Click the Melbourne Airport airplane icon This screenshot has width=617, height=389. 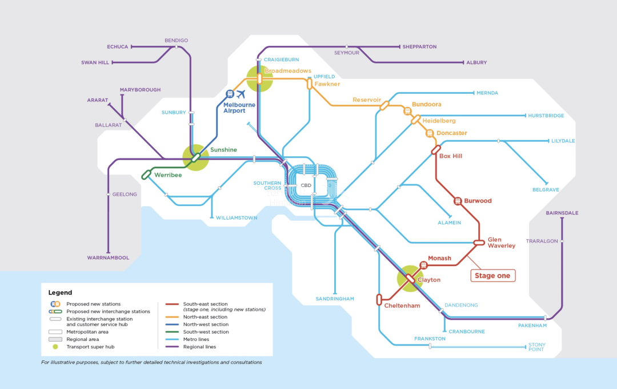pyautogui.click(x=241, y=94)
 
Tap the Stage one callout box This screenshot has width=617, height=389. pyautogui.click(x=492, y=276)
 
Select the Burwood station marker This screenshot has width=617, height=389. pyautogui.click(x=458, y=201)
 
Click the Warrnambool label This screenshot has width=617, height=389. pyautogui.click(x=108, y=258)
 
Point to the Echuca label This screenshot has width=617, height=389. pyautogui.click(x=118, y=47)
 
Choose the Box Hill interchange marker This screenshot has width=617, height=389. pyautogui.click(x=436, y=150)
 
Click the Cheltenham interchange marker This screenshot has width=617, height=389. pyautogui.click(x=379, y=299)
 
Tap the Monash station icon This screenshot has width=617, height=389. pyautogui.click(x=423, y=265)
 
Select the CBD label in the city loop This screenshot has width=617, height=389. pyautogui.click(x=306, y=185)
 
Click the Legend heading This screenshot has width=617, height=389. pyautogui.click(x=60, y=292)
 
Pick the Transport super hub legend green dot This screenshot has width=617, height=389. pyautogui.click(x=55, y=347)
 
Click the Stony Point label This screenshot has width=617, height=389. pyautogui.click(x=537, y=347)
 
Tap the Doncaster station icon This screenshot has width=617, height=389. pyautogui.click(x=430, y=133)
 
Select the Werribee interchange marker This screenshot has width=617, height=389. pyautogui.click(x=146, y=174)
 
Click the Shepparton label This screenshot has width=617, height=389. pyautogui.click(x=419, y=47)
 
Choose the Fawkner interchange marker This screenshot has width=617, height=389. pyautogui.click(x=310, y=84)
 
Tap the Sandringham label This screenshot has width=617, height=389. pyautogui.click(x=335, y=299)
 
